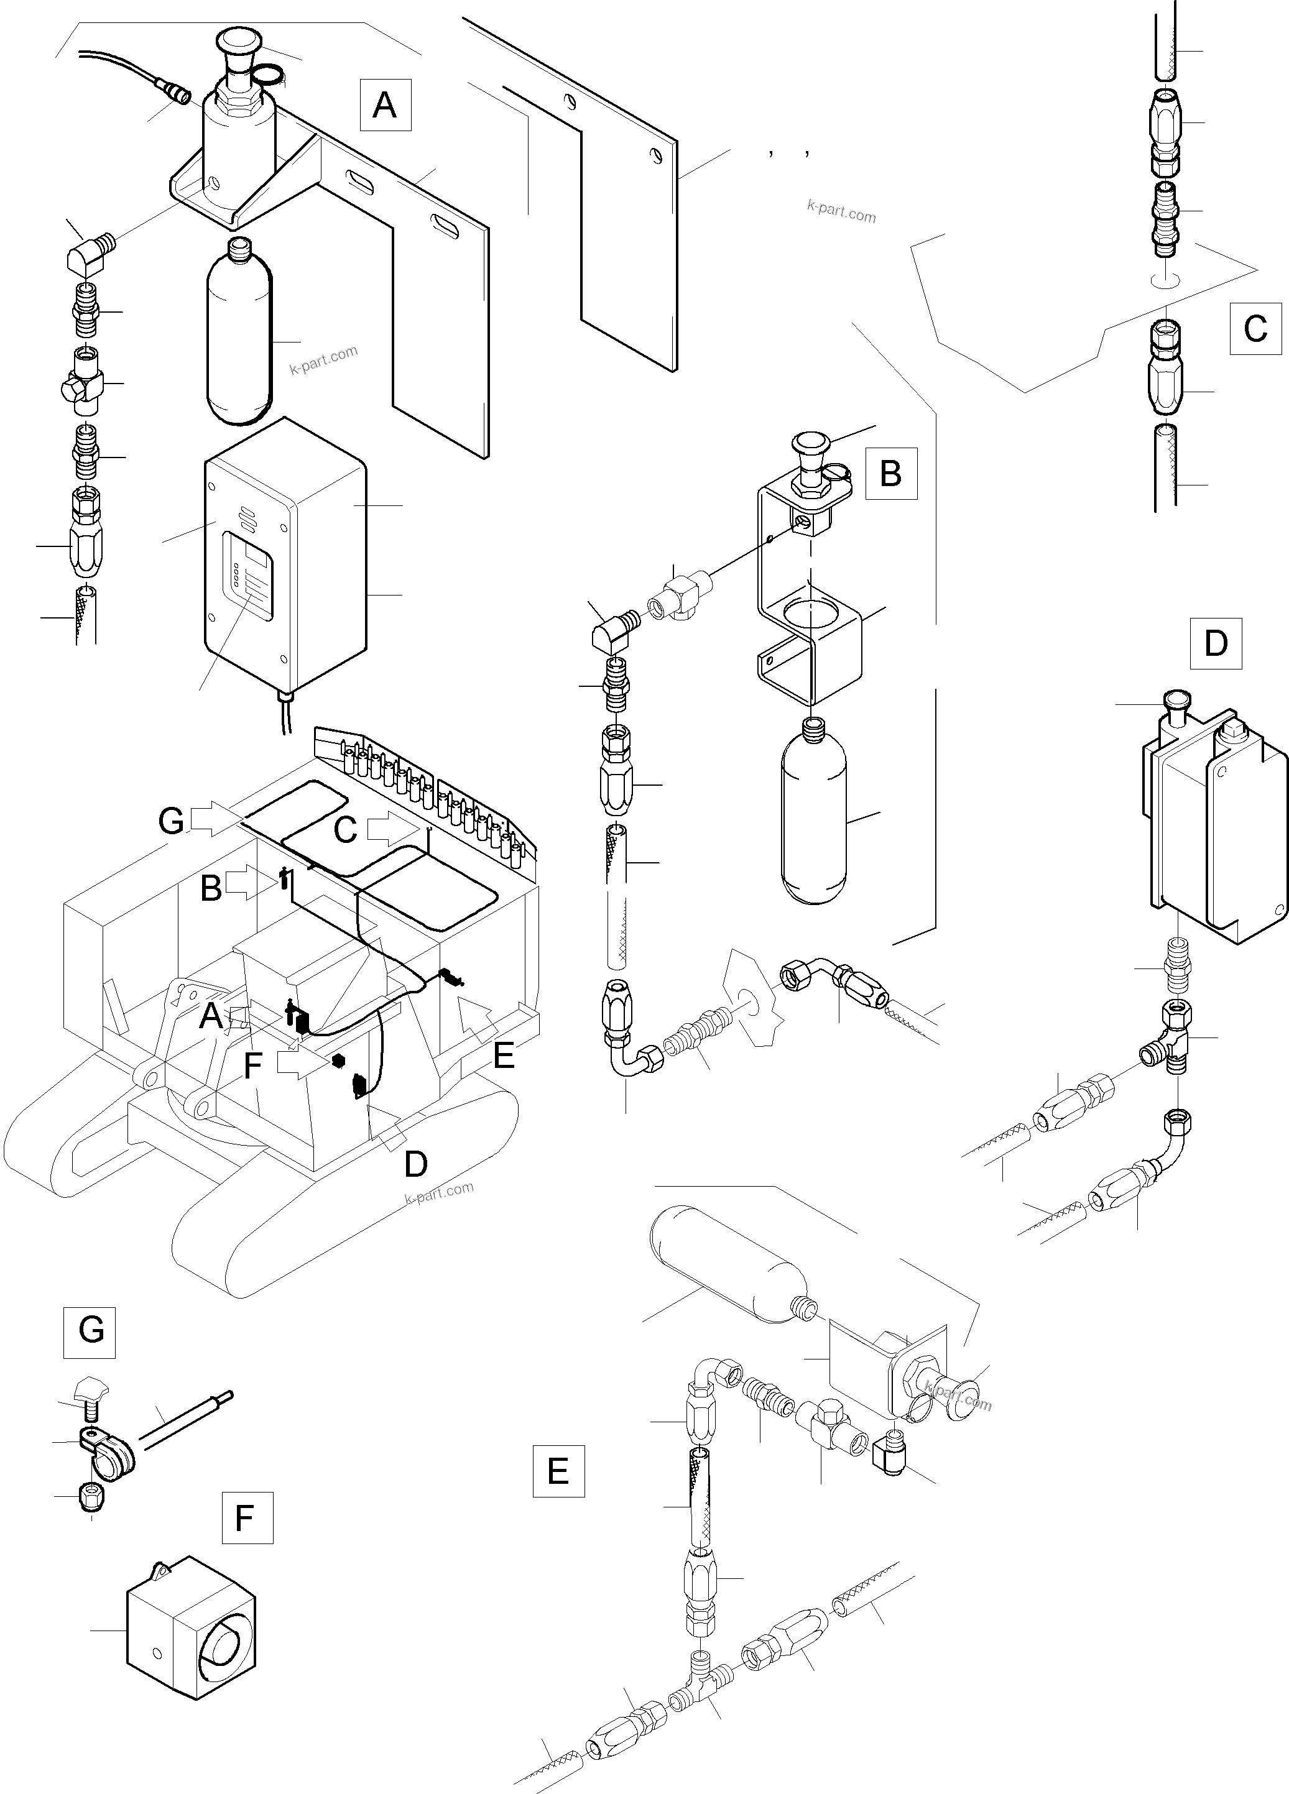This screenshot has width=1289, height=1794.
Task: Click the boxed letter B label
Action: click(x=891, y=473)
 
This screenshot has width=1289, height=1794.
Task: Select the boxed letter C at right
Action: click(x=1255, y=328)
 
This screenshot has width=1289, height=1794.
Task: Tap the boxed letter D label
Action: click(x=1216, y=644)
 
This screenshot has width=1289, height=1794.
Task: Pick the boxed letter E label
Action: click(x=558, y=1471)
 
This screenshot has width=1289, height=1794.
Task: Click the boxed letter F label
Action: click(x=247, y=1517)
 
